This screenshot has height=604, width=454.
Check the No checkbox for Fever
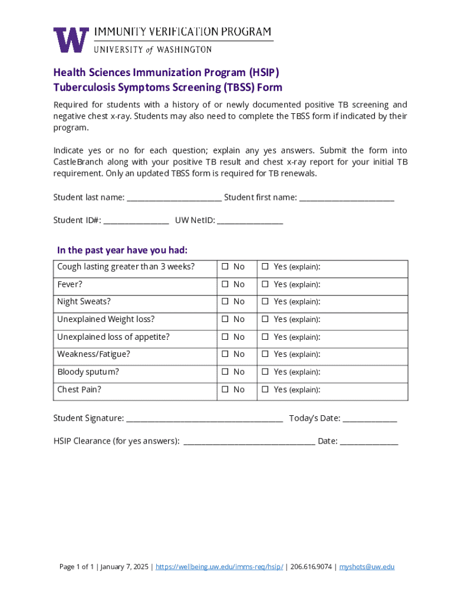[225, 284]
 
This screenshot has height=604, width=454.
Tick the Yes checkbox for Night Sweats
[265, 301]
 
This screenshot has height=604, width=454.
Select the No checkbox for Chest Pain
[225, 389]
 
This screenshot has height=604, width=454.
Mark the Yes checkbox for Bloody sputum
[265, 372]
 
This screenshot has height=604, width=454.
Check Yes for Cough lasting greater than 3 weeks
[265, 267]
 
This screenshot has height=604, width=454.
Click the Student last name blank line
[174, 198]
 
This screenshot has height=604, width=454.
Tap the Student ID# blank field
[136, 221]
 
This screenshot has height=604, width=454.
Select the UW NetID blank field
[250, 221]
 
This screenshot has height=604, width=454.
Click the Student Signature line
[205, 419]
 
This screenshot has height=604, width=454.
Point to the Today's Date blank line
[370, 419]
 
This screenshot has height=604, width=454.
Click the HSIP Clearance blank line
[249, 442]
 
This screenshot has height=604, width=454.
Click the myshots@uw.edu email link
[367, 567]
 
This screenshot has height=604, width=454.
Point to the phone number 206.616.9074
[311, 567]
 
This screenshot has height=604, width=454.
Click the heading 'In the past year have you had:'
[122, 250]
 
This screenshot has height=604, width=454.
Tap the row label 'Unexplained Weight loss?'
[106, 319]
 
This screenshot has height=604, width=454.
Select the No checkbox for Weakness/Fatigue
[225, 354]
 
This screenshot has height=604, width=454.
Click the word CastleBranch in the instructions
[79, 162]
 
